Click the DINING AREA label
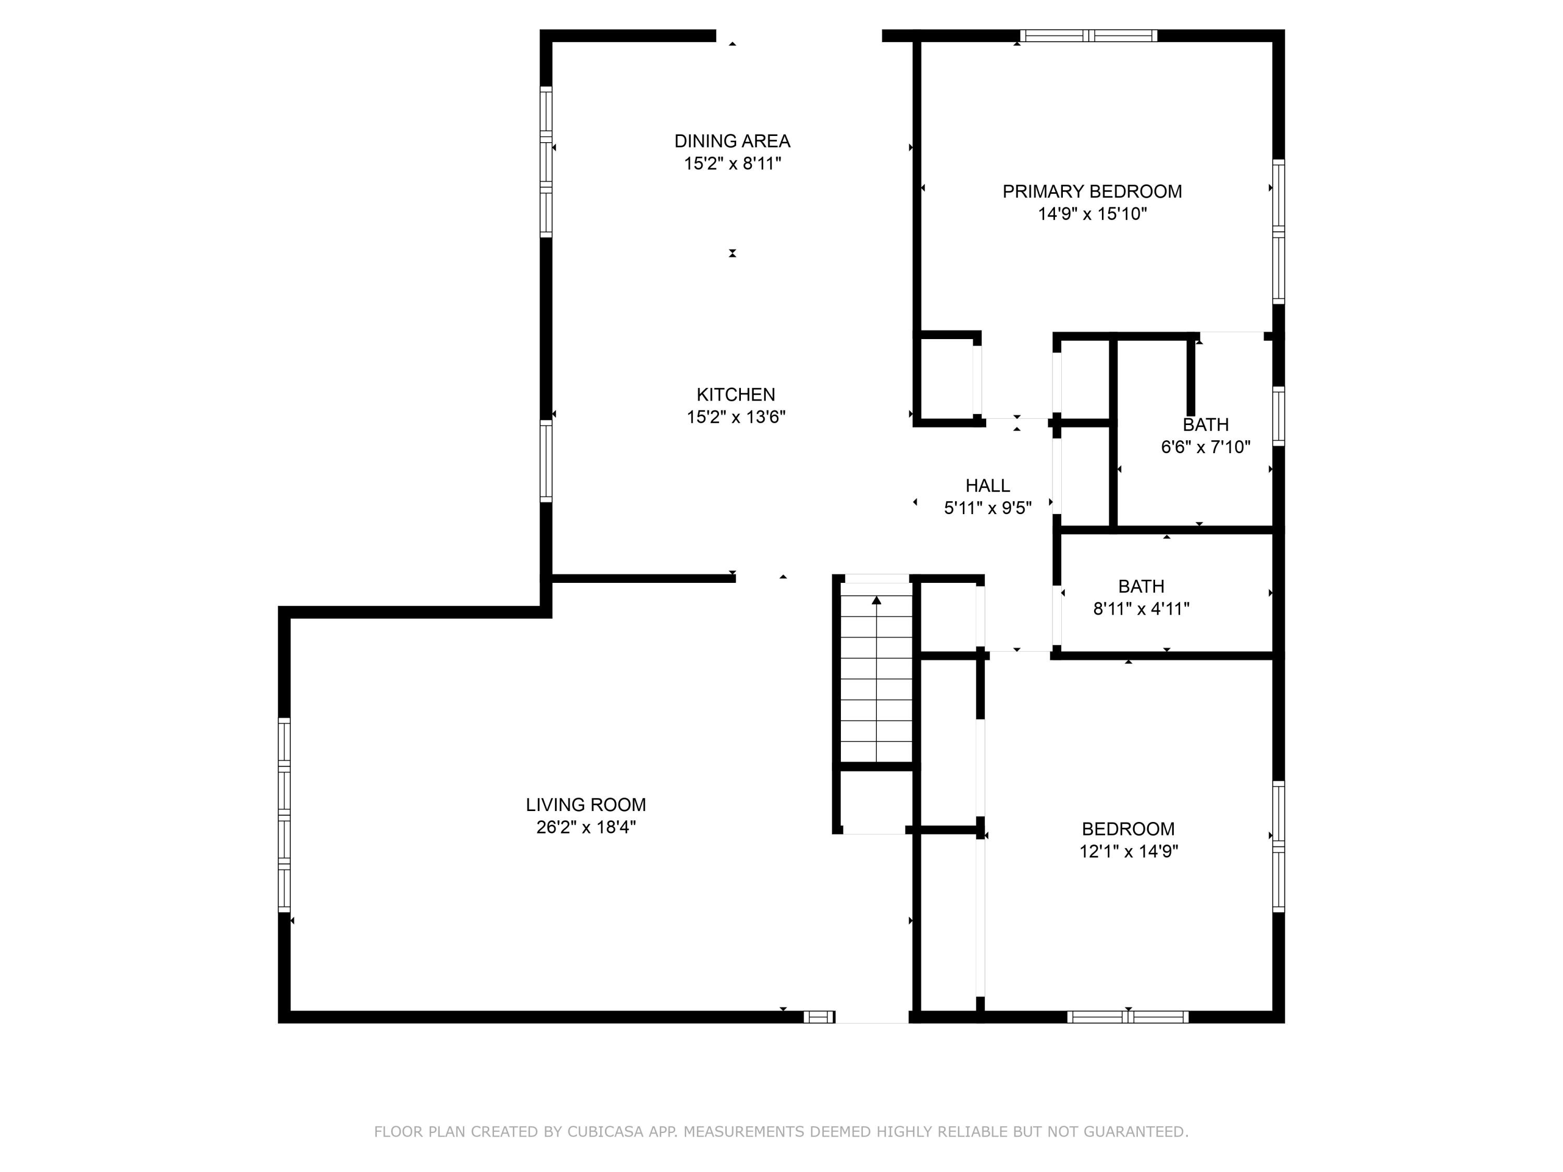coord(732,141)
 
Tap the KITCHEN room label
coord(736,394)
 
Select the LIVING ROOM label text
coord(586,805)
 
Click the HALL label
coord(988,485)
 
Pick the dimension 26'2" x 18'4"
coord(586,827)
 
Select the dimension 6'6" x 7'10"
coord(1206,446)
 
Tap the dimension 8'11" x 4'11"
coord(1141,608)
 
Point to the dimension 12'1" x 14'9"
coord(1128,851)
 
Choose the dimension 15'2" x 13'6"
coord(736,417)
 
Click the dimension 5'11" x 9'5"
coord(988,507)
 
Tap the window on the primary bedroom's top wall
coord(1089,35)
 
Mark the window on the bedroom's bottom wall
coord(1128,1017)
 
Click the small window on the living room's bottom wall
coord(819,1017)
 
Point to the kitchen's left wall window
coord(545,460)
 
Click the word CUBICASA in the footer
coord(605,1132)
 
